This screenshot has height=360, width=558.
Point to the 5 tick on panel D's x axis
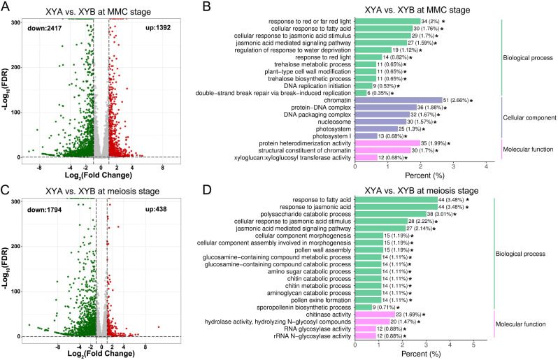(473, 345)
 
